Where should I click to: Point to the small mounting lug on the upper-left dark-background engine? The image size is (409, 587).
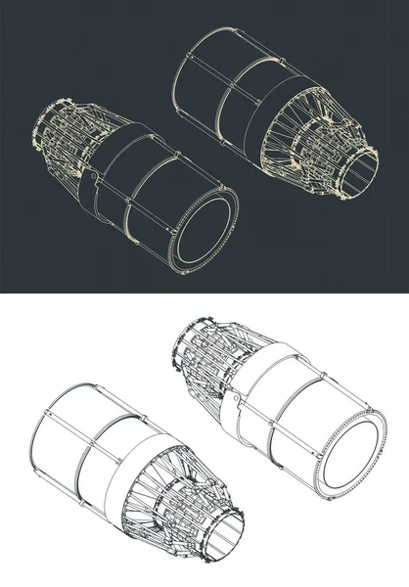[90, 180]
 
